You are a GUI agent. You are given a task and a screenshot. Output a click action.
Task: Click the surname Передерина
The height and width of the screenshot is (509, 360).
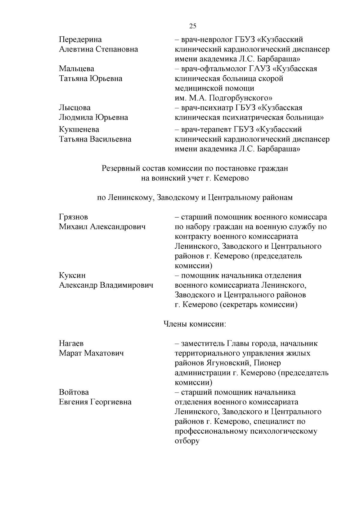click(x=80, y=40)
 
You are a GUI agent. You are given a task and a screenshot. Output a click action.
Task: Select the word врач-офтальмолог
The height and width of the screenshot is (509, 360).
click(x=214, y=69)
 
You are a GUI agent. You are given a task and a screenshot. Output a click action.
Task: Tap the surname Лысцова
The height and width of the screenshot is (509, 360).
click(x=75, y=108)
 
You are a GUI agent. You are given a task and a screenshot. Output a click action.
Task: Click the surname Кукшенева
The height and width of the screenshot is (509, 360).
click(x=79, y=130)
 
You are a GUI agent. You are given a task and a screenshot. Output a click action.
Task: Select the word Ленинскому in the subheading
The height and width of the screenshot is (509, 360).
click(x=131, y=198)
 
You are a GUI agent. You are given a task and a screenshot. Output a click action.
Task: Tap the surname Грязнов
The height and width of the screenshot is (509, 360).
click(x=73, y=217)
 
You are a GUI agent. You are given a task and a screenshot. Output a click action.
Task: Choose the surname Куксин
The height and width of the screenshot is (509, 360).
click(x=72, y=275)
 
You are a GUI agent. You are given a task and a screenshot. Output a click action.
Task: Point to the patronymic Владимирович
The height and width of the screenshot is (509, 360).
click(x=126, y=285)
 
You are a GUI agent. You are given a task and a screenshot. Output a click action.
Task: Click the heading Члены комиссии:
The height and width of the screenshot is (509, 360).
click(x=194, y=324)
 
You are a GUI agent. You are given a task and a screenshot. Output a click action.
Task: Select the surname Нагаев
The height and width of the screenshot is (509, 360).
click(x=71, y=343)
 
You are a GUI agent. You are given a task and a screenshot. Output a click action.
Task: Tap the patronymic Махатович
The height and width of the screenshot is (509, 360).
click(x=104, y=353)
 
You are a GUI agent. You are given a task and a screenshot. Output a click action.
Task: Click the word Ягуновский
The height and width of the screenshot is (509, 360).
click(x=229, y=363)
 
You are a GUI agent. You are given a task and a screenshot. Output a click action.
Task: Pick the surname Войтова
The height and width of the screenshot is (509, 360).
click(x=74, y=392)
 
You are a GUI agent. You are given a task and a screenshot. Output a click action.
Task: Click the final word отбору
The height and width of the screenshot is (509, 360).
click(x=187, y=442)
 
